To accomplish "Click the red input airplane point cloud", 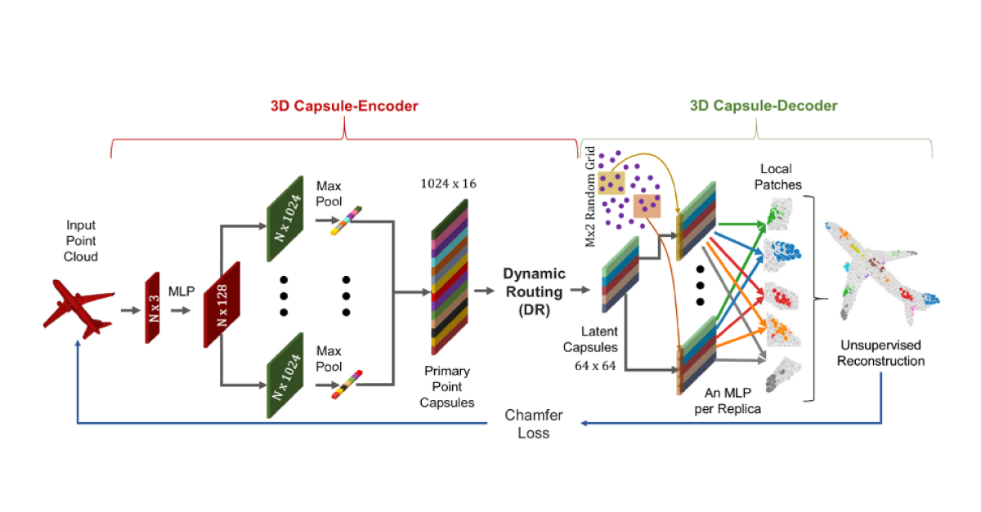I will pyautogui.click(x=77, y=309).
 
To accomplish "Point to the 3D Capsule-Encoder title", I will pyautogui.click(x=344, y=106).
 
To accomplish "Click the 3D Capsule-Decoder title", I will pyautogui.click(x=764, y=106).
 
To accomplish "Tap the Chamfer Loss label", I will pyautogui.click(x=533, y=424).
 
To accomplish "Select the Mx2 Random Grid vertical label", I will pyautogui.click(x=590, y=197).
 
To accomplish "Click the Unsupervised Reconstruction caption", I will pyautogui.click(x=881, y=354).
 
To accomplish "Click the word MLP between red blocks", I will pyautogui.click(x=181, y=291).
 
